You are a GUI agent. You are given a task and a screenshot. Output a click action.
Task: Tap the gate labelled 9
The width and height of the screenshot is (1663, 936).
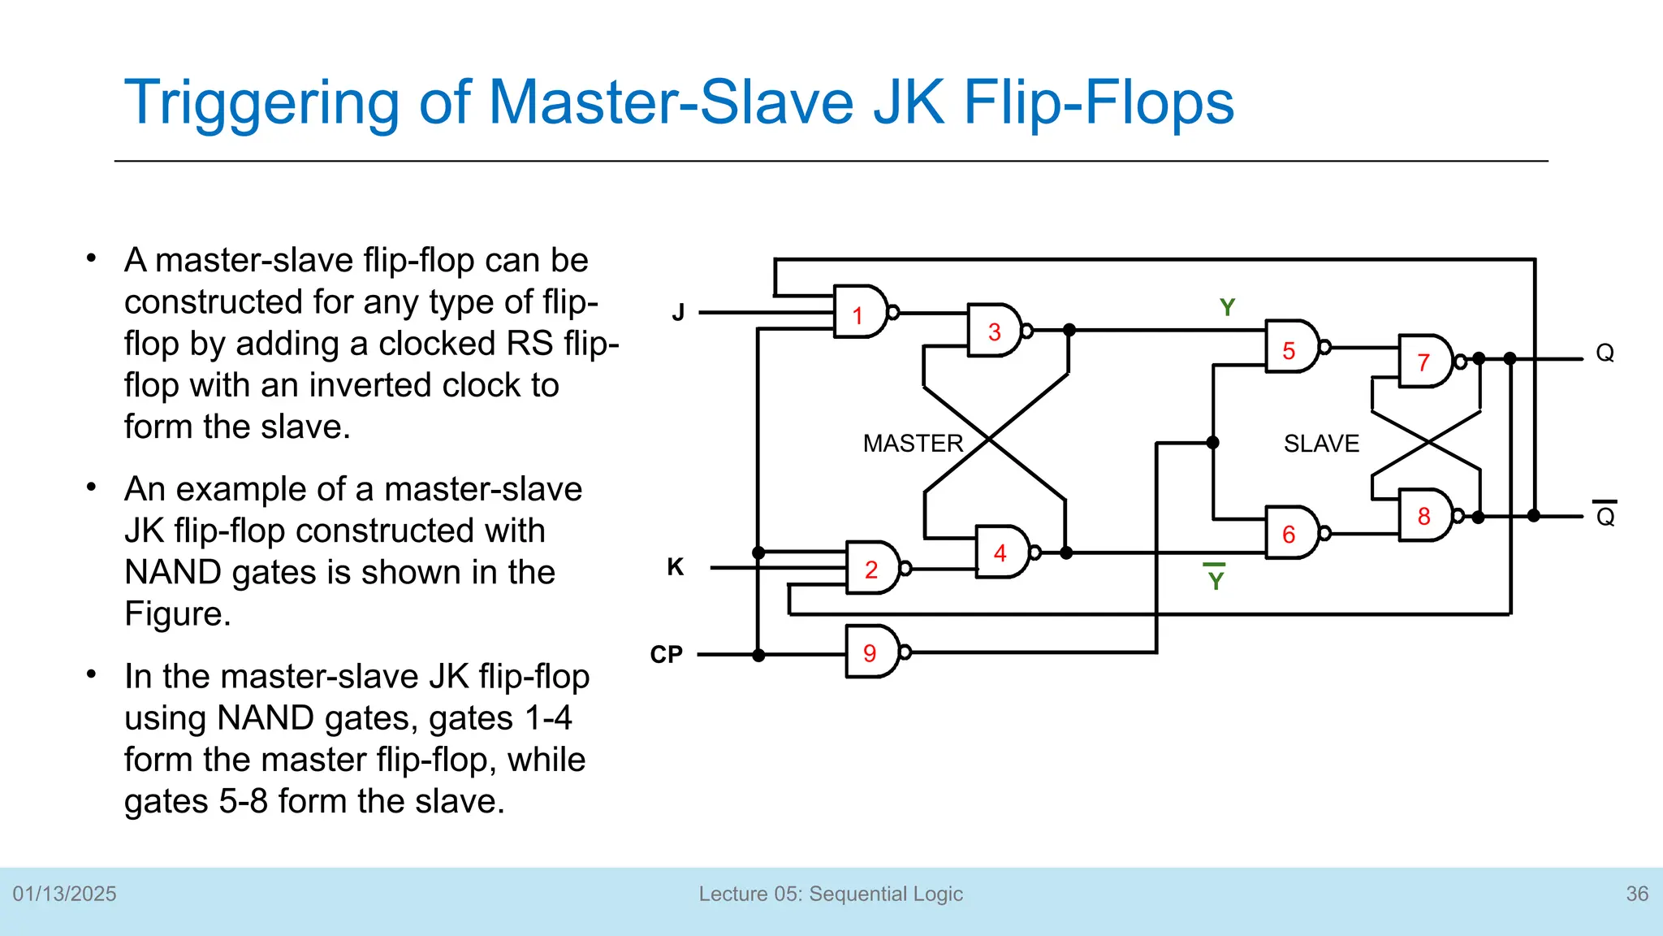[x=871, y=652]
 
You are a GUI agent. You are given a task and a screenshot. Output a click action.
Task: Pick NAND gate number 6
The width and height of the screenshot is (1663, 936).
[x=1291, y=534]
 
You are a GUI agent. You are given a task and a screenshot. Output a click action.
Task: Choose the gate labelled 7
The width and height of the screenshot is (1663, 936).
[x=1425, y=362]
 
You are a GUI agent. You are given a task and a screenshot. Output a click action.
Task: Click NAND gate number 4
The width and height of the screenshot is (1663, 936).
[x=1002, y=552]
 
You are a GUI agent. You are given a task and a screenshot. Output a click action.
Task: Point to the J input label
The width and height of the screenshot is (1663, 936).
[x=679, y=313]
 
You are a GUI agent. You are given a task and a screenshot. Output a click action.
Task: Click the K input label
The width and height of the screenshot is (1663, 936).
[x=676, y=567]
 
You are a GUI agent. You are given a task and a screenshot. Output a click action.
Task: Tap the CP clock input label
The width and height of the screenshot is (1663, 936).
[x=667, y=654]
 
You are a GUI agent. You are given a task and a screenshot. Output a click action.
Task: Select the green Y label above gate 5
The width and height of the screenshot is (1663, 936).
[x=1227, y=308]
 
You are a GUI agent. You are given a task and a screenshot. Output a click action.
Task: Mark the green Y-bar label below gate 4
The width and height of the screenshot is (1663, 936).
[x=1216, y=579]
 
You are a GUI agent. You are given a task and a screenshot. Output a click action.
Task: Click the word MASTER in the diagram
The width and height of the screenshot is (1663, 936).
[x=913, y=444]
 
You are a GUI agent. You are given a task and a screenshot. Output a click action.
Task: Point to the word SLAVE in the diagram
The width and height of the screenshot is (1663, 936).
[x=1321, y=444]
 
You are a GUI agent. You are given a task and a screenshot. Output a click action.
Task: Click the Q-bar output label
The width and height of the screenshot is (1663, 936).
[x=1605, y=516]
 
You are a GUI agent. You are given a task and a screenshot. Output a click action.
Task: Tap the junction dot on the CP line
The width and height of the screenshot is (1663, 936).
[x=758, y=655]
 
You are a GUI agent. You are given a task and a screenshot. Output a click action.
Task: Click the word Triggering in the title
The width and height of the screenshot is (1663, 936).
[x=260, y=103]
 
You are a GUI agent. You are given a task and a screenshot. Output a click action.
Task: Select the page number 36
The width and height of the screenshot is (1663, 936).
[x=1637, y=894]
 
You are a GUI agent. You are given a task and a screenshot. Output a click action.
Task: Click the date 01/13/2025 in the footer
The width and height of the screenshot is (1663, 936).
[x=65, y=894]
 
